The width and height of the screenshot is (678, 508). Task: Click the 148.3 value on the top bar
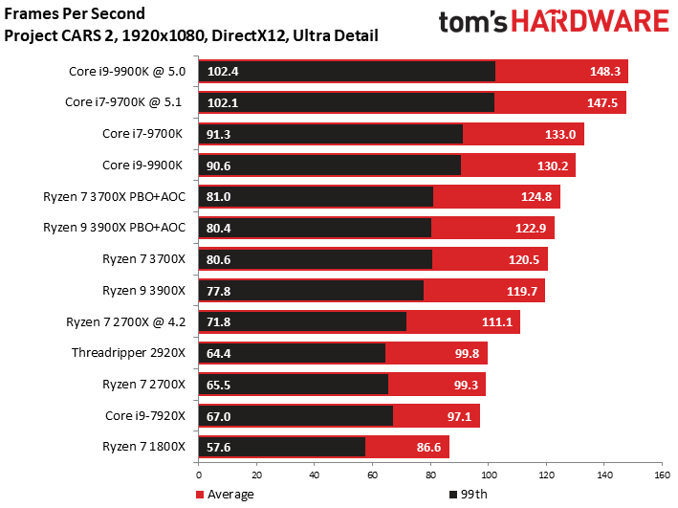click(x=605, y=71)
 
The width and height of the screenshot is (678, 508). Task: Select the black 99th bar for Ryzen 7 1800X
click(x=282, y=447)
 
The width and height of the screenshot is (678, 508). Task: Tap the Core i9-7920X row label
click(x=145, y=416)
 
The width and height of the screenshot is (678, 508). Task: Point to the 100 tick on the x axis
click(x=489, y=475)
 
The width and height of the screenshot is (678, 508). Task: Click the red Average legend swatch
click(x=200, y=495)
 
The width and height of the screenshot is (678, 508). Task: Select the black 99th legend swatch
click(x=453, y=495)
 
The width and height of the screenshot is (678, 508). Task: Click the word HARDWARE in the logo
click(x=590, y=22)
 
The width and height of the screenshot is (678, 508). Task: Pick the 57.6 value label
click(x=218, y=447)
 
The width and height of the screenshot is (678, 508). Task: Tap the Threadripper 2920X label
click(x=128, y=353)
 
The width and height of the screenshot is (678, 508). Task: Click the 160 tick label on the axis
click(x=662, y=475)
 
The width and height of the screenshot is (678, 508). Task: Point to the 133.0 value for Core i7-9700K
click(x=560, y=134)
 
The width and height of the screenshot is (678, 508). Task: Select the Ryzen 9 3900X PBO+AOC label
click(x=114, y=227)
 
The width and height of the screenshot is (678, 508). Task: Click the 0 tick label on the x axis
click(x=199, y=475)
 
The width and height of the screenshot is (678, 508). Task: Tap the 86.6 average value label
click(x=428, y=447)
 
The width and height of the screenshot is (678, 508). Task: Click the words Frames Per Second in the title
click(x=75, y=13)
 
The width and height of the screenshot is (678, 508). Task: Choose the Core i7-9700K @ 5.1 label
click(x=123, y=101)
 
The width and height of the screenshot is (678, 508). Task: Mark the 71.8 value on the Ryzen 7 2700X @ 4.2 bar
click(x=218, y=322)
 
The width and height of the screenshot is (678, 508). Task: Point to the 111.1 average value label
click(x=497, y=322)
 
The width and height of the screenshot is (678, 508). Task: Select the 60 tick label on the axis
click(x=372, y=475)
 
